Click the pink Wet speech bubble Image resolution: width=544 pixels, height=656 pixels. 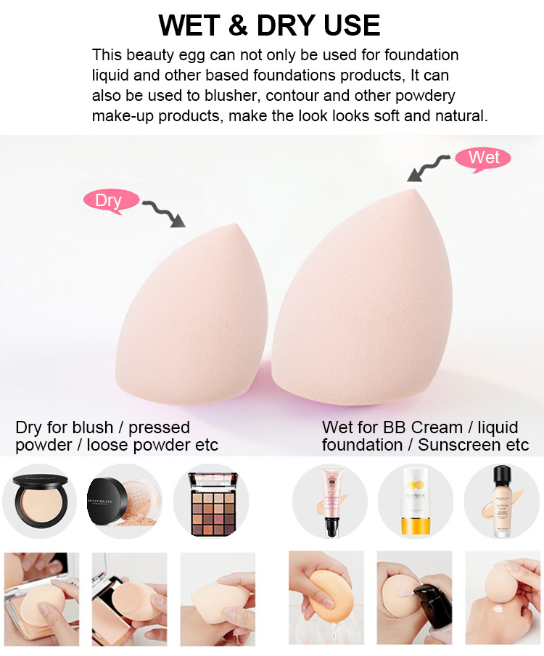pyautogui.click(x=483, y=157)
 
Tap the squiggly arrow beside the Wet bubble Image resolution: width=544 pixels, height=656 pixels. pyautogui.click(x=429, y=167)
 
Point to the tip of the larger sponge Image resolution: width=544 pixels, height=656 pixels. pyautogui.click(x=416, y=189)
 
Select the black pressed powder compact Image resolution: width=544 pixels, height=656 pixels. pyautogui.click(x=38, y=501)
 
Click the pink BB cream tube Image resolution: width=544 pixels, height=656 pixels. pyautogui.click(x=329, y=501)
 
